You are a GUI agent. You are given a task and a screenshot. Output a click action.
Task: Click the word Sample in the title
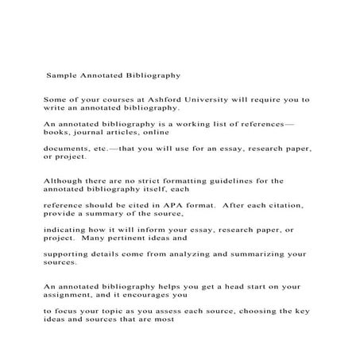(x=62, y=77)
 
